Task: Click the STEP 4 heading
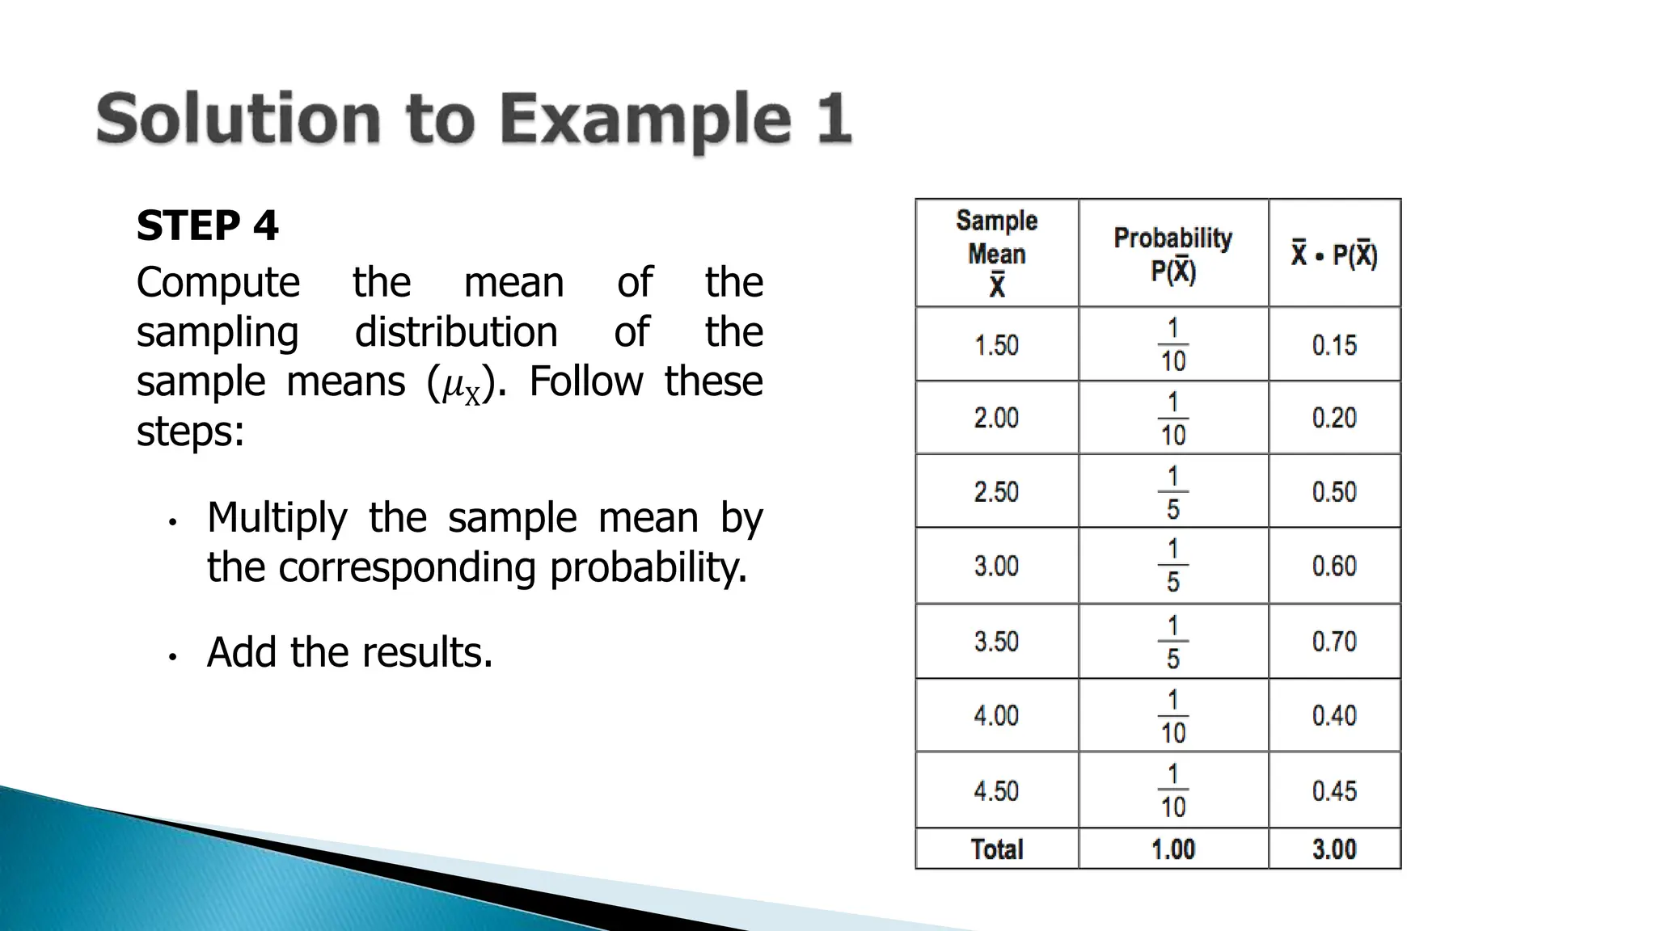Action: [x=207, y=225]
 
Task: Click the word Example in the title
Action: [x=644, y=120]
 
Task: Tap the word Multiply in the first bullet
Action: [x=277, y=518]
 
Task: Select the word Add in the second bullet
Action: [x=242, y=652]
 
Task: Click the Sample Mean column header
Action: [x=996, y=253]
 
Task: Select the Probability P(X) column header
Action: [x=1172, y=254]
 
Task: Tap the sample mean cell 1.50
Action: [x=996, y=345]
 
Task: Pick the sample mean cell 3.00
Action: [x=996, y=566]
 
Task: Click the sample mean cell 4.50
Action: [x=996, y=790]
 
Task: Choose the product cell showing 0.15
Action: [x=1334, y=345]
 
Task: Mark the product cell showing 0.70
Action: [x=1334, y=642]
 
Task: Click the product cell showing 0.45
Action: [x=1334, y=790]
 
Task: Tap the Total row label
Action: [x=996, y=849]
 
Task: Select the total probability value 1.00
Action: [x=1172, y=849]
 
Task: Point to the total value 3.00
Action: [x=1334, y=849]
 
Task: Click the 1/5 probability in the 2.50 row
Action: [x=1172, y=492]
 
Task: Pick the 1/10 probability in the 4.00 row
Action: [x=1172, y=716]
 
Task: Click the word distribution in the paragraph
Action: [x=456, y=332]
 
